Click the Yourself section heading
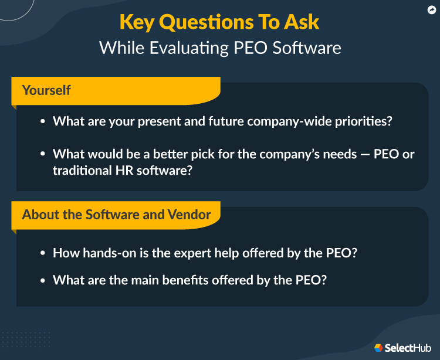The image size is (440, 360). pos(46,90)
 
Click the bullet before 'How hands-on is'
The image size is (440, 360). pos(43,254)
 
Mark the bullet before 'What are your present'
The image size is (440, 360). pos(43,122)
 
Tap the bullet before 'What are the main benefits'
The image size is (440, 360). pos(43,281)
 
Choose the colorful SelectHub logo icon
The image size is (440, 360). pos(378,348)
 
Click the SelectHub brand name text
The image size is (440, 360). pos(408,348)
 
